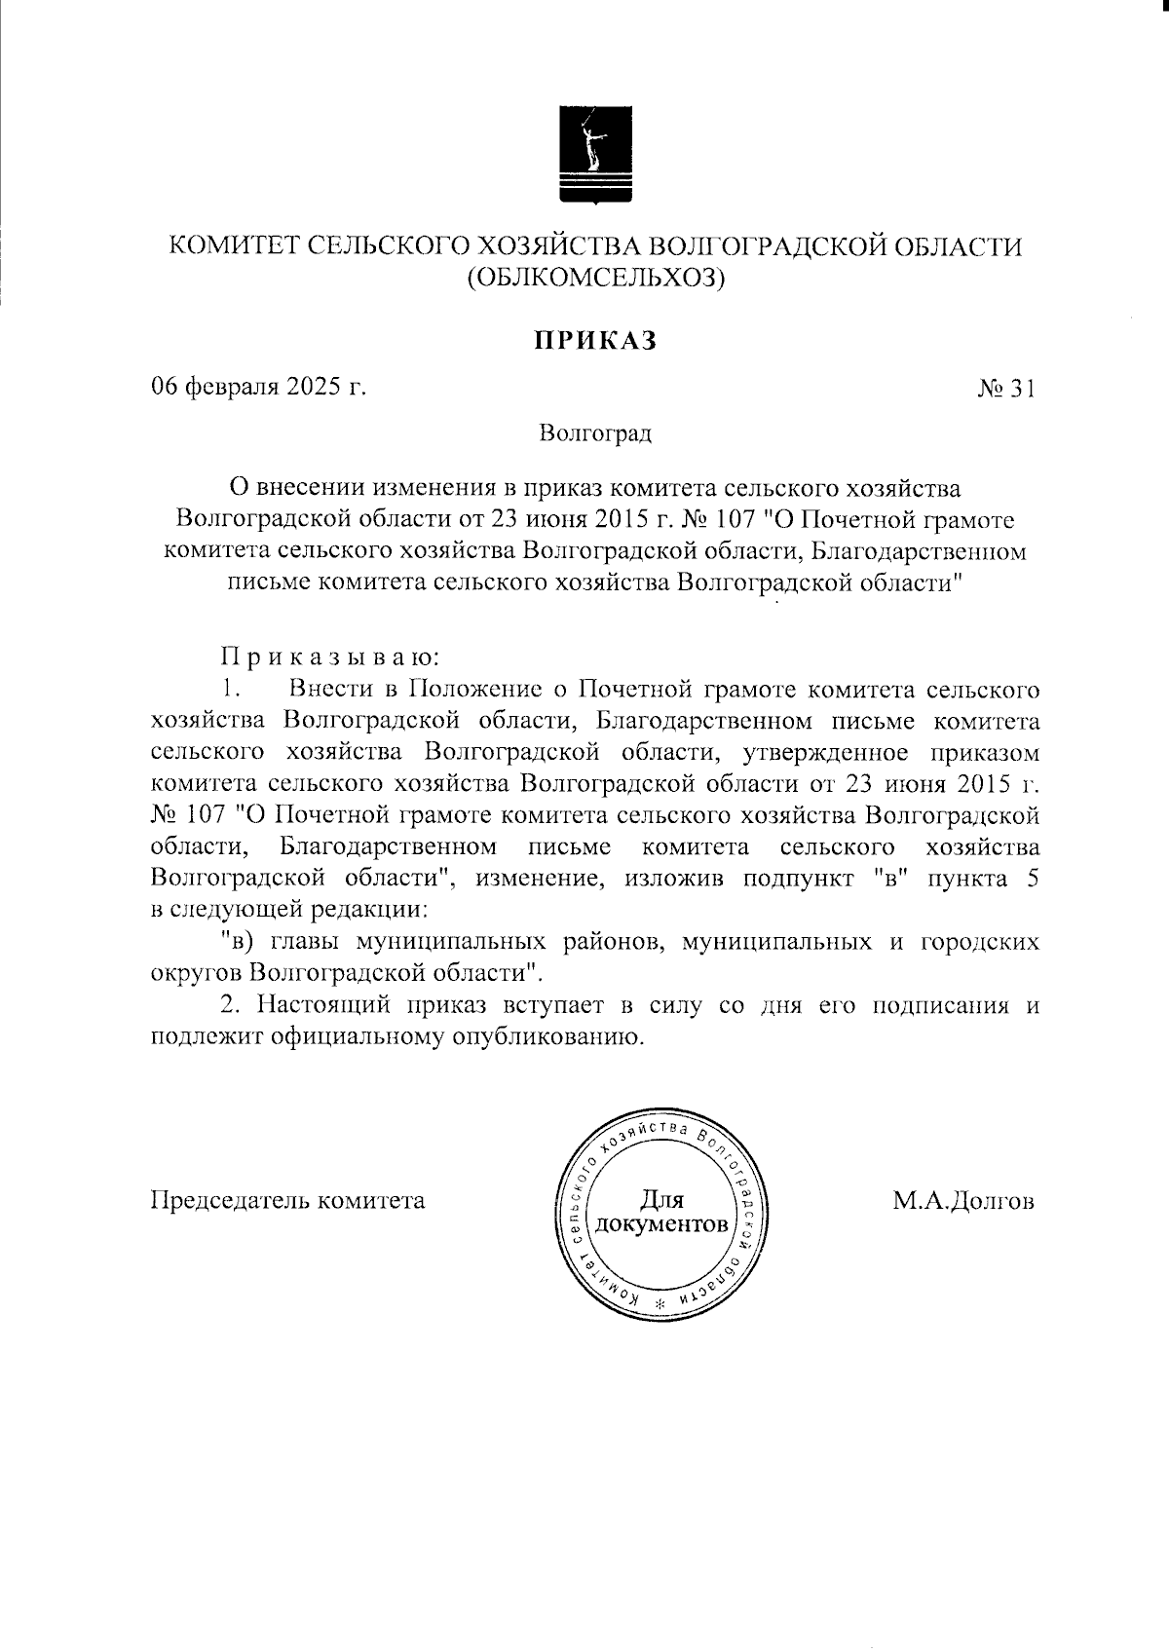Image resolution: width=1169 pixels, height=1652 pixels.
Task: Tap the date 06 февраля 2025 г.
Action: pos(258,388)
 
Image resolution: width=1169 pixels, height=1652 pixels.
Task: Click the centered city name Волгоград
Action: pos(595,432)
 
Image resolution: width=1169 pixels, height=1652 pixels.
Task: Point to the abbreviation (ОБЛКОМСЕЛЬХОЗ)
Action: pos(596,280)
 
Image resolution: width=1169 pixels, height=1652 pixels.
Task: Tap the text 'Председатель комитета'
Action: pos(287,1200)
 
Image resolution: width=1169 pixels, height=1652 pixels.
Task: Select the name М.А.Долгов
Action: pos(963,1200)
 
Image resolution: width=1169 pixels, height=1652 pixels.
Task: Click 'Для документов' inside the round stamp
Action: pos(662,1212)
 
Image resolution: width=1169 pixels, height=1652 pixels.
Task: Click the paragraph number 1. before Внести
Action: pos(230,690)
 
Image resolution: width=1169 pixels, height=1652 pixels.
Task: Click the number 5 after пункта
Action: pos(1032,879)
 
